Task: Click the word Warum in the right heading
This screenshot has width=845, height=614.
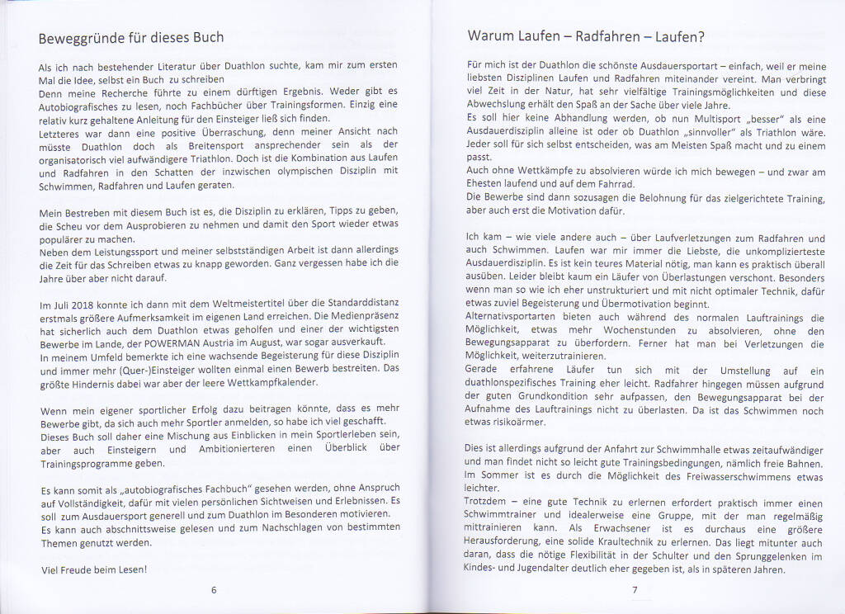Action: click(489, 36)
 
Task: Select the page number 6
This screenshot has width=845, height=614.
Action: click(214, 590)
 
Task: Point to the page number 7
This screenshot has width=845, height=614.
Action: click(635, 590)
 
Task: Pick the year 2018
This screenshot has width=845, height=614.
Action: click(97, 305)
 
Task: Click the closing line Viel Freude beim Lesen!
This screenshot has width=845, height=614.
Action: click(93, 570)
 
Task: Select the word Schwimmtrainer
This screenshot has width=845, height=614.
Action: click(508, 515)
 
